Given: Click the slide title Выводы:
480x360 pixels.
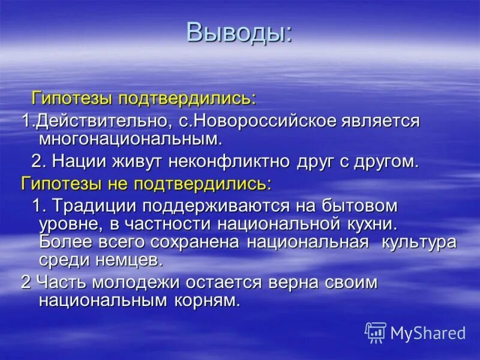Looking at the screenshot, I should (239, 32).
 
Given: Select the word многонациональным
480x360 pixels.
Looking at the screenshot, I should (130, 140).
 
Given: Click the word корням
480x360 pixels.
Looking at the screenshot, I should (208, 301).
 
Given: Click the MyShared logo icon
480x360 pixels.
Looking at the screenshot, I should (376, 332).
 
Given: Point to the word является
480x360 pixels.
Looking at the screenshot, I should (388, 122).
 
